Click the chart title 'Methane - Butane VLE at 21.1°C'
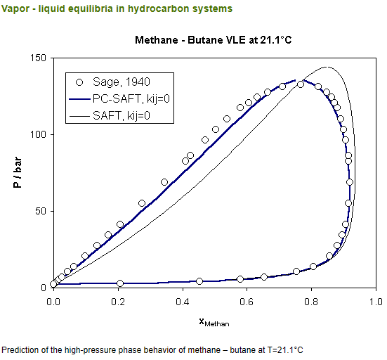pyautogui.click(x=213, y=39)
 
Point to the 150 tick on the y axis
pyautogui.click(x=39, y=58)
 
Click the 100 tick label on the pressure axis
pyautogui.click(x=39, y=134)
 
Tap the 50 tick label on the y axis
pyautogui.click(x=41, y=211)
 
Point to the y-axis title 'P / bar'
pyautogui.click(x=15, y=172)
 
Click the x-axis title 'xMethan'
pyautogui.click(x=214, y=322)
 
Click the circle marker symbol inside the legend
pyautogui.click(x=79, y=82)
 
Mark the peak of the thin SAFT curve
pyautogui.click(x=325, y=67)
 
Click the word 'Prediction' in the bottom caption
pyautogui.click(x=19, y=349)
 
